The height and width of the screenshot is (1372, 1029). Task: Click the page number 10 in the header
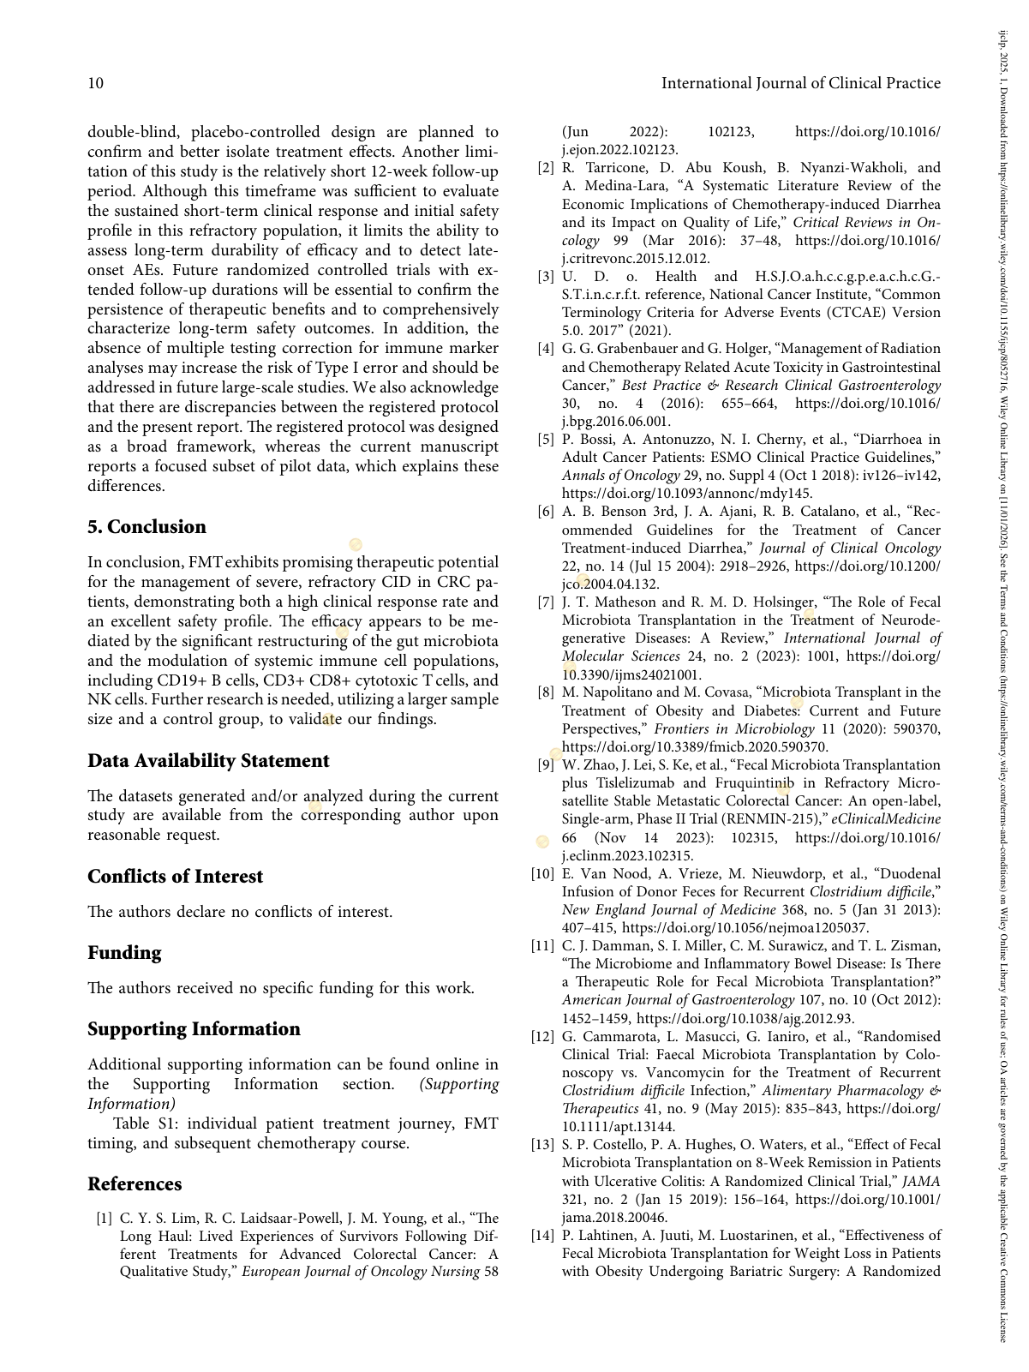point(96,83)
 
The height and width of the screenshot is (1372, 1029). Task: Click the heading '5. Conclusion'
point(147,527)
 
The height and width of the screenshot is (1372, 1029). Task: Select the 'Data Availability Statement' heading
point(208,761)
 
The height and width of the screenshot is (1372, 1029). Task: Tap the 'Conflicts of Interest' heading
point(175,877)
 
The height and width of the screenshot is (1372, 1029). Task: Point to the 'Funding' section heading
point(124,953)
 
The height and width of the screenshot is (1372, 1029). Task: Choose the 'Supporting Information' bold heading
point(194,1029)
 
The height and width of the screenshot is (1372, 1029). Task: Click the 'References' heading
point(135,1184)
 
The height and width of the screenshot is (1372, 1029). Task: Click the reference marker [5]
point(546,440)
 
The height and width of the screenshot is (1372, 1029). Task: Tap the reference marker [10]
point(542,874)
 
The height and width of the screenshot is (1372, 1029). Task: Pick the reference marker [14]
point(542,1236)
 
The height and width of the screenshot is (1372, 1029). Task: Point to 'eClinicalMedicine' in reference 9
point(886,819)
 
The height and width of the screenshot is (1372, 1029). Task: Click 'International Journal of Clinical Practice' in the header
point(800,83)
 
